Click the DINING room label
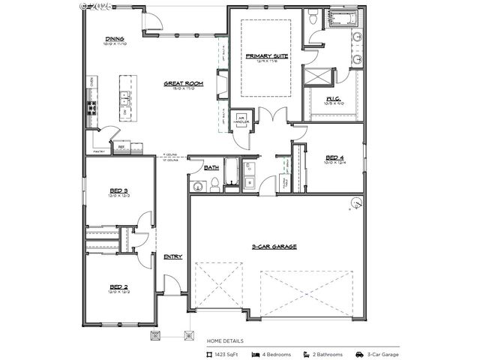click(115, 39)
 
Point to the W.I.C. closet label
click(333, 98)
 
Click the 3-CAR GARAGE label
click(274, 246)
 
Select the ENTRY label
click(173, 256)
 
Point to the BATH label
click(211, 168)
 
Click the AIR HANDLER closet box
click(243, 120)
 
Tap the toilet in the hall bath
click(214, 184)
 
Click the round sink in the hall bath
click(199, 186)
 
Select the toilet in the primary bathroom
click(313, 16)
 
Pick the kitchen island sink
click(124, 97)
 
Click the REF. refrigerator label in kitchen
click(120, 148)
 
